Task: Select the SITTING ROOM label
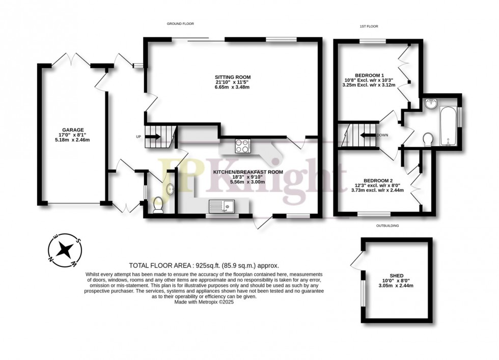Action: click(233, 77)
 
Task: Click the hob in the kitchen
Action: click(242, 146)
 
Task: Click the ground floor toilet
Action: click(157, 205)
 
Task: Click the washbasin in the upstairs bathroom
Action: click(431, 104)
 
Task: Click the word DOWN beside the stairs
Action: click(383, 135)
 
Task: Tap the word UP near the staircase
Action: click(138, 136)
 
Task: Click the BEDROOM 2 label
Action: click(378, 180)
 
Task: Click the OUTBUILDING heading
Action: click(387, 225)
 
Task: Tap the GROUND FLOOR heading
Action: click(181, 24)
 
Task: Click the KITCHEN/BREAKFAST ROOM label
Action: click(248, 172)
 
